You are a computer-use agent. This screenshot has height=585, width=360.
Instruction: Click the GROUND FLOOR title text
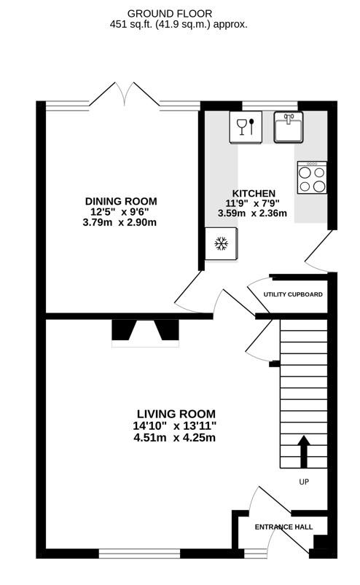pos(170,14)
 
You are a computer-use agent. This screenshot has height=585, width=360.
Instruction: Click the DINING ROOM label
pos(121,202)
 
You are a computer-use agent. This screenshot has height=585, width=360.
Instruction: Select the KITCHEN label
pos(254,193)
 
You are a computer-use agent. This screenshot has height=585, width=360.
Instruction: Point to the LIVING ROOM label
pos(176,414)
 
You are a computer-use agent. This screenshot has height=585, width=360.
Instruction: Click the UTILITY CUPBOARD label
pos(293,294)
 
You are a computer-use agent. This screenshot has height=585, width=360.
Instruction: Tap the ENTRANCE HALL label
pos(283,527)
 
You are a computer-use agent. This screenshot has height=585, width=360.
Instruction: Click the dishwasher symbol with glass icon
pos(246,127)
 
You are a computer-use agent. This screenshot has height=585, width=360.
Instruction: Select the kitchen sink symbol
pos(289,127)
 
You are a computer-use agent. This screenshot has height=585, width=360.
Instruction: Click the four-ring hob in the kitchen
pos(312,177)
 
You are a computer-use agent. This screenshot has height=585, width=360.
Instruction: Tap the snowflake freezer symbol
pos(221,243)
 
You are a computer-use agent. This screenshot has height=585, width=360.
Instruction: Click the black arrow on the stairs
pos(304,452)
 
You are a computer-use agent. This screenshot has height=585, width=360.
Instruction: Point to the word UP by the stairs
pos(304,482)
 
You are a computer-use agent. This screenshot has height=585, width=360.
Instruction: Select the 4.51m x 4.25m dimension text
pos(175,437)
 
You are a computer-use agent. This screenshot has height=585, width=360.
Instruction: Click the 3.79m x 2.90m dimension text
pos(120,223)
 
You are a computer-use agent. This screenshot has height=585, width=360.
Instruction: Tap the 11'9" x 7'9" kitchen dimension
pos(252,203)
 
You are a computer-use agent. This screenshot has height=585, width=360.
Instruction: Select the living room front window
pos(139,553)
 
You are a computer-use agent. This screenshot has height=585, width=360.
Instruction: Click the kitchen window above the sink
pos(270,106)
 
